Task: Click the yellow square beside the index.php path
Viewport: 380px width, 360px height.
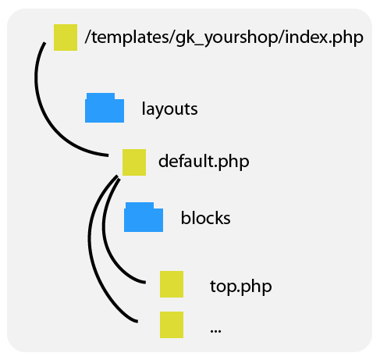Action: point(66,37)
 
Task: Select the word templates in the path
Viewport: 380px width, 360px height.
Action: point(130,37)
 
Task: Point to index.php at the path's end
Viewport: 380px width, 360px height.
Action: point(325,37)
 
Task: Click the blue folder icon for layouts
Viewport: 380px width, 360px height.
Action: point(105,108)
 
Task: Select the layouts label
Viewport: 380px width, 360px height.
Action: point(169,109)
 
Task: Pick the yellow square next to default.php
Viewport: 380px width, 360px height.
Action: point(134,162)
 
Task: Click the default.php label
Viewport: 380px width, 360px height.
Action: point(204,162)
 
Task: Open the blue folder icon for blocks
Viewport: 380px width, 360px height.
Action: point(144,217)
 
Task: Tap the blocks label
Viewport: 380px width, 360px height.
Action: point(205,218)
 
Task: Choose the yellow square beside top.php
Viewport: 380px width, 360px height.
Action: point(172,284)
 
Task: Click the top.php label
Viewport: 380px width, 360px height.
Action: point(241,287)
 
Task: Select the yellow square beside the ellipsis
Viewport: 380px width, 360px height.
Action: point(172,325)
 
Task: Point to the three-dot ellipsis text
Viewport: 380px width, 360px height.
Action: point(215,331)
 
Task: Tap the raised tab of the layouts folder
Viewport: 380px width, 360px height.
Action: point(101,96)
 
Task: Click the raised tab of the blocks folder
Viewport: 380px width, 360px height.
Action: point(140,205)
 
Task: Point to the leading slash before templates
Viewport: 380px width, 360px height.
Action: point(87,37)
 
